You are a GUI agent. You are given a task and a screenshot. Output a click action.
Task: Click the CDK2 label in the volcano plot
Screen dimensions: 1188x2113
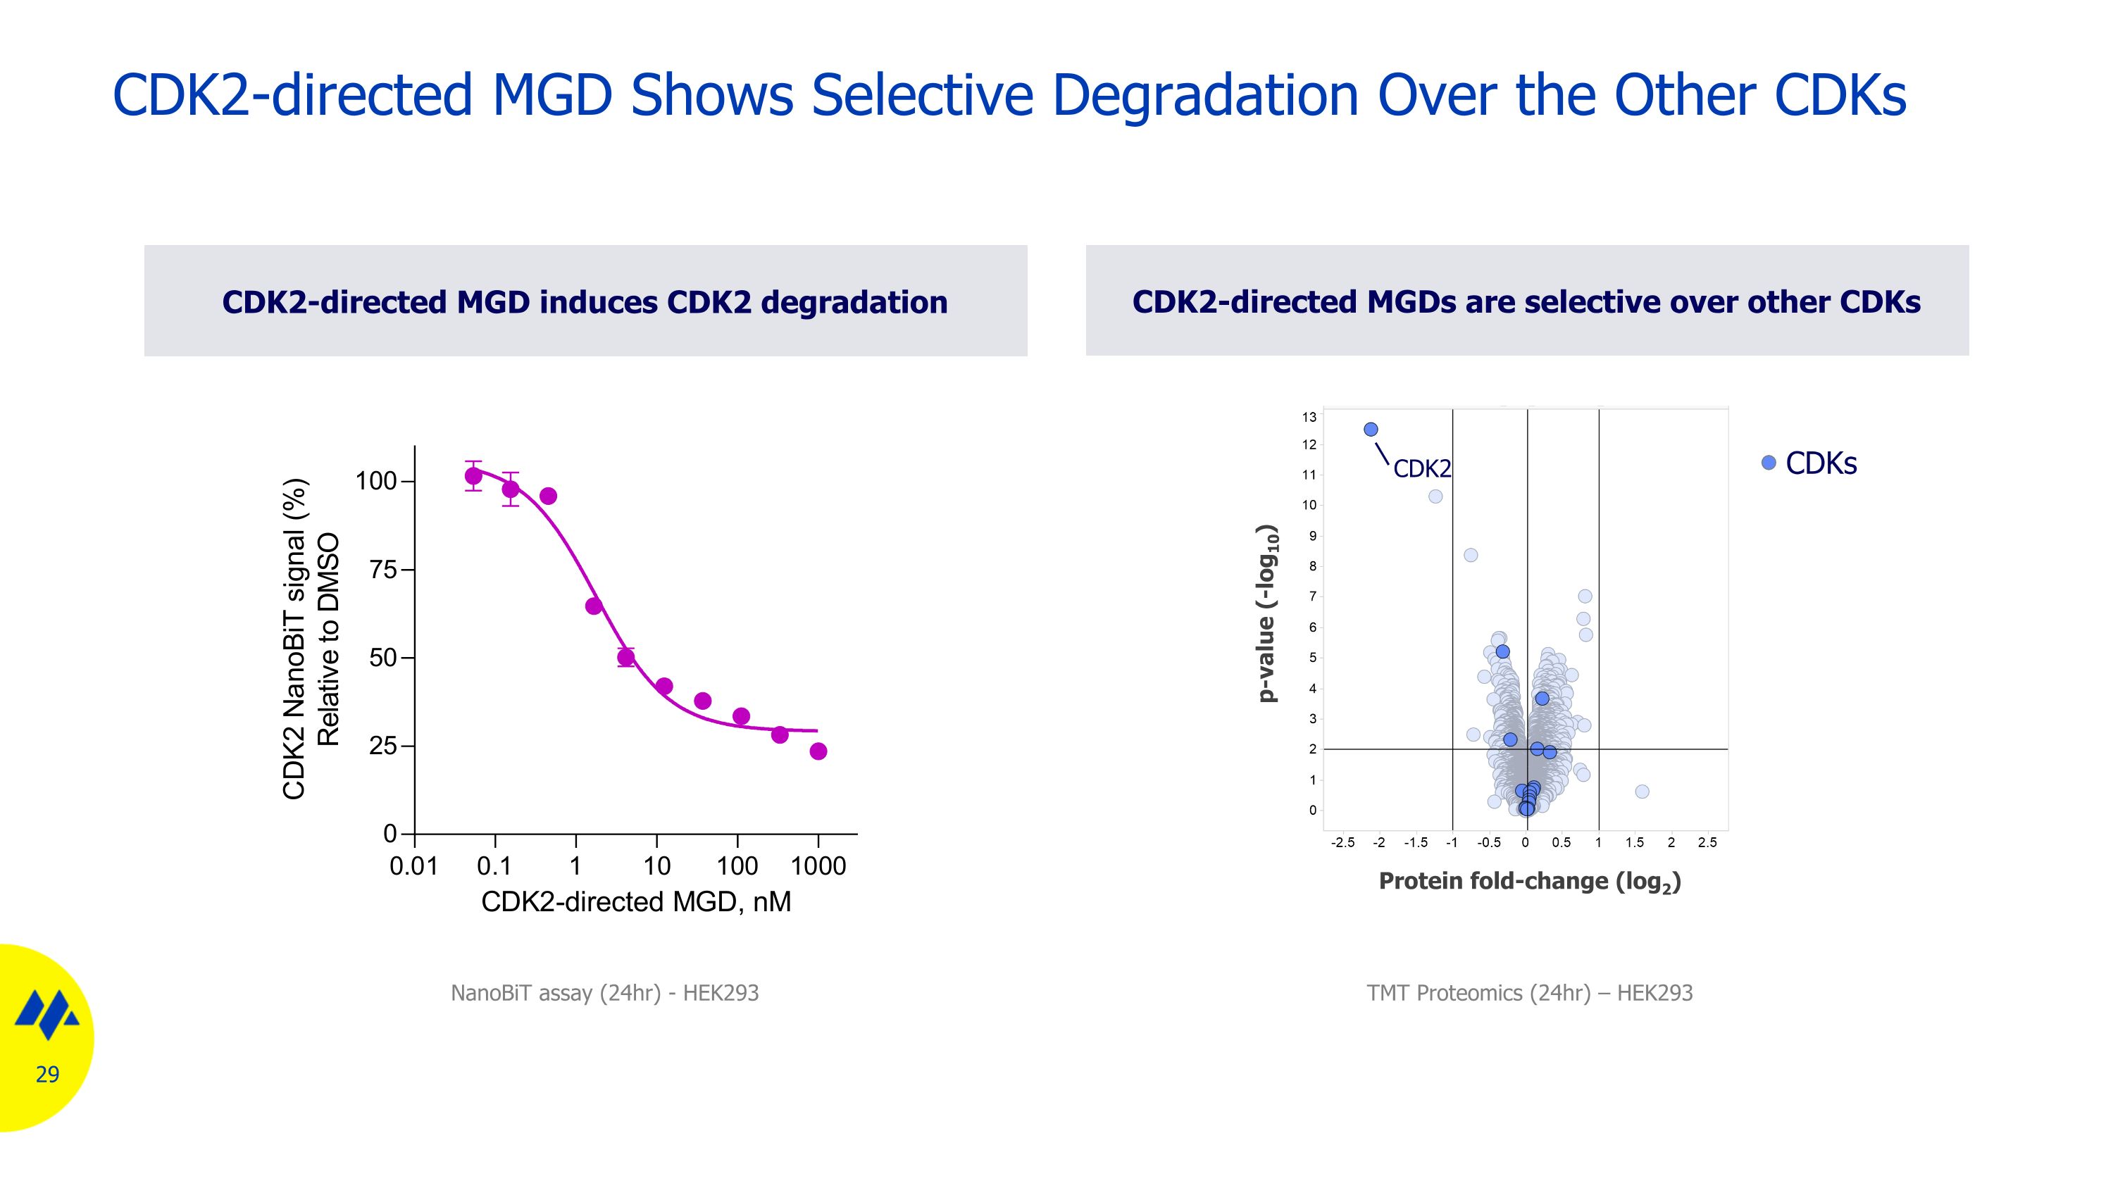[x=1421, y=469]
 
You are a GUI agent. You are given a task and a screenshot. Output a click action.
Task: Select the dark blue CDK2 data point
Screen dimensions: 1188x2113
[x=1371, y=430]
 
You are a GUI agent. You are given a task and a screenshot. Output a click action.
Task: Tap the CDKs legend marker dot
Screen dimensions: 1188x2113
[x=1769, y=463]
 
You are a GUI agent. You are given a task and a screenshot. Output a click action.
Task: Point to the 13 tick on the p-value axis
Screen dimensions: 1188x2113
[x=1309, y=418]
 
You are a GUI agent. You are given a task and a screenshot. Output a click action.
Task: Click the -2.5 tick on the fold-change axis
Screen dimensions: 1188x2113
[x=1342, y=843]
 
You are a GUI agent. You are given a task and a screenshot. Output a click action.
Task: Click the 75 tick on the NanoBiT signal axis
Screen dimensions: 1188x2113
[x=383, y=570]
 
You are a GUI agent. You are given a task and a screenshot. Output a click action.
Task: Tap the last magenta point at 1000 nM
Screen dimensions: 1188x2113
[x=818, y=751]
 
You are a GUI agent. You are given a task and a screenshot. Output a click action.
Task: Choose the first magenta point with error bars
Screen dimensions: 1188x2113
[x=473, y=475]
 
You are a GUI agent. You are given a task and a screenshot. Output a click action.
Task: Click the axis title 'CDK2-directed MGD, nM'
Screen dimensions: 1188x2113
[x=636, y=902]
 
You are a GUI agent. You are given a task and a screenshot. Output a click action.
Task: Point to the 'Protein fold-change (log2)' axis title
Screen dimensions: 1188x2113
[x=1530, y=882]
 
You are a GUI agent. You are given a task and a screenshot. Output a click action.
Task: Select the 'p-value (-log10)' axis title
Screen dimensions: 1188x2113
[x=1267, y=613]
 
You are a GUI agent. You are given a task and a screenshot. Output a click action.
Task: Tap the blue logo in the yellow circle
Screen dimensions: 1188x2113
[x=46, y=1013]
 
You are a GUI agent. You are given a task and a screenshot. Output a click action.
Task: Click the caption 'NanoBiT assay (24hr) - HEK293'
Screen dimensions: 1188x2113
[x=604, y=993]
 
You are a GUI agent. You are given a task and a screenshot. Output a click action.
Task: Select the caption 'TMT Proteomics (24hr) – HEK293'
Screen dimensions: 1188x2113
[x=1529, y=993]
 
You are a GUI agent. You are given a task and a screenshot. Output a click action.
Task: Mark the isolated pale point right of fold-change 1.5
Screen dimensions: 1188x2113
[x=1641, y=792]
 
